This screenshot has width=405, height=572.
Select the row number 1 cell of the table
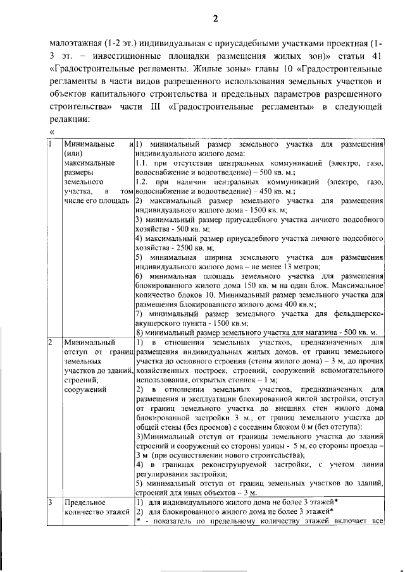pyautogui.click(x=51, y=143)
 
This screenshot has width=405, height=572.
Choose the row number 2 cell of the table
pyautogui.click(x=51, y=343)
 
